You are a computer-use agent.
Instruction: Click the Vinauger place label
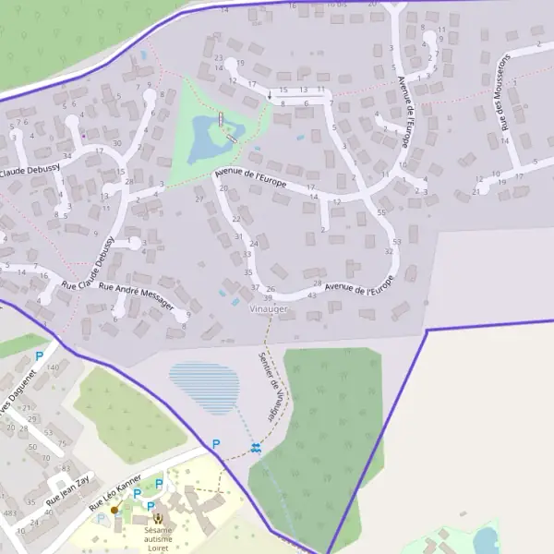pos(269,308)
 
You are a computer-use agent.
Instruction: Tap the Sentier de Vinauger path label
pos(270,386)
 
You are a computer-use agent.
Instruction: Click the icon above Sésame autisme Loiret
pos(157,519)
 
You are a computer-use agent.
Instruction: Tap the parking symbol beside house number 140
pos(39,355)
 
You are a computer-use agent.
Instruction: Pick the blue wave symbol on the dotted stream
pos(255,448)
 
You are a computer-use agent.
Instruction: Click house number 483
pos(10,512)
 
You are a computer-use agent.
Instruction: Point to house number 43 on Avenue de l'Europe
pos(311,295)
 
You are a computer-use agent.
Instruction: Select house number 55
pos(381,213)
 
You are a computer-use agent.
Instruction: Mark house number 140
pos(52,367)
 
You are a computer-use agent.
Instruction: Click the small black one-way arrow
pos(270,94)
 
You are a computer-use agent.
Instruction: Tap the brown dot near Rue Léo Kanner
pos(114,509)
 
